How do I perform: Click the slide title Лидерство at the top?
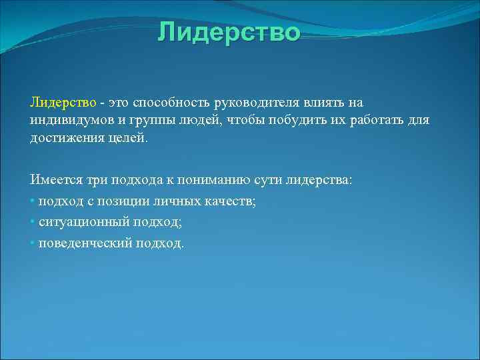point(229,32)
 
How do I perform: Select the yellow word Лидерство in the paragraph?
point(63,103)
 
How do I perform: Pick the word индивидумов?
point(69,121)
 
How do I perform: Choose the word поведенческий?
point(86,243)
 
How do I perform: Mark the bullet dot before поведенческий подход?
point(33,243)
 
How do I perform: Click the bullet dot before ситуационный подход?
point(33,223)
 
